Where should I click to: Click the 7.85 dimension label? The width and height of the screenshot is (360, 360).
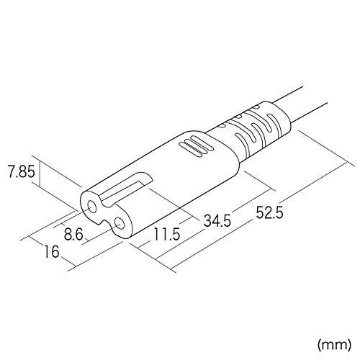point(22,171)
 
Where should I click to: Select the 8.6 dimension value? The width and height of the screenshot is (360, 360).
point(73,234)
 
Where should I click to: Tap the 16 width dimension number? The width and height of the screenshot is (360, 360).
point(52,251)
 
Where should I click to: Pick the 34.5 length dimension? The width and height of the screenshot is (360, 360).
point(217,221)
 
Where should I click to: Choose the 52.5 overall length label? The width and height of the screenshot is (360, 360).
point(269,212)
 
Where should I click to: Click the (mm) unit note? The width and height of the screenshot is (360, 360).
point(334,345)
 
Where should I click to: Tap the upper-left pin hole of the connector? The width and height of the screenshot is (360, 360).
point(92,207)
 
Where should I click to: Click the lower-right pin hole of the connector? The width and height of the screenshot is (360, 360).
point(119,224)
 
